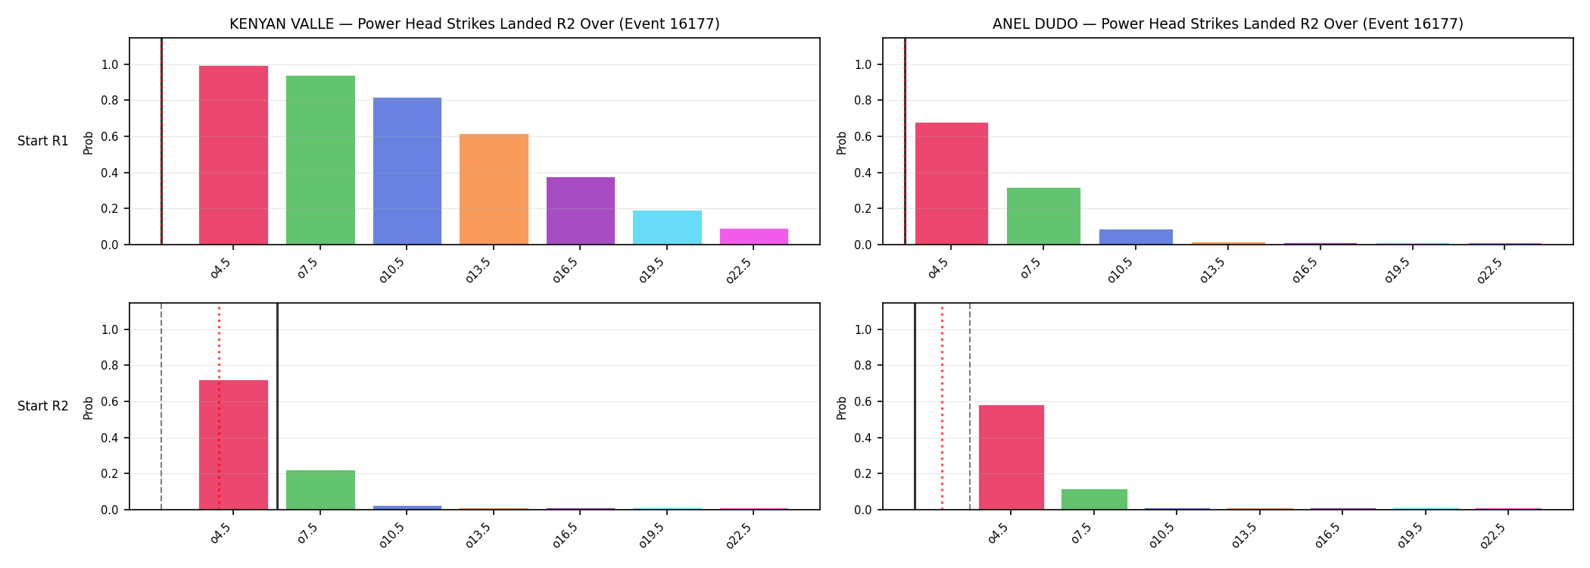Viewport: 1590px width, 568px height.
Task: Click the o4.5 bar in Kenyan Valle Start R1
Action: [x=233, y=155]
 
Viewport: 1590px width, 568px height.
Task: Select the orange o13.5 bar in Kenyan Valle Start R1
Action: [x=494, y=189]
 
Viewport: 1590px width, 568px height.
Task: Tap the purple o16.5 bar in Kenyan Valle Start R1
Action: [x=581, y=211]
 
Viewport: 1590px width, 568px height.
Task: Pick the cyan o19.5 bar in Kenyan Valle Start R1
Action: [x=667, y=227]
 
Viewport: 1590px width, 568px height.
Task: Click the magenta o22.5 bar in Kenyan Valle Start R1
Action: [x=754, y=236]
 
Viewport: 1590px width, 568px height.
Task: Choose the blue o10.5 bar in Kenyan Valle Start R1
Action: [x=407, y=171]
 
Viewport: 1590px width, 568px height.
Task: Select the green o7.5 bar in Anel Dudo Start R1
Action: [x=1043, y=216]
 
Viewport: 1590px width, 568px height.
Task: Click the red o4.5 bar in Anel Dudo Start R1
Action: [x=952, y=183]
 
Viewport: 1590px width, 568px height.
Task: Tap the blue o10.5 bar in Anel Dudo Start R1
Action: [x=1136, y=237]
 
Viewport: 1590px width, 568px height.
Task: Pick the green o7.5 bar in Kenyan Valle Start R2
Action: [x=320, y=490]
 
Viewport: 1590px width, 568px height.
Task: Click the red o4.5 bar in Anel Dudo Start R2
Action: [x=1012, y=457]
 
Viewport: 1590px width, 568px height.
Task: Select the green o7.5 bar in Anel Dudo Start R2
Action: [x=1094, y=499]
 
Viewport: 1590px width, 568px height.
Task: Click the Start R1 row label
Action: [x=43, y=141]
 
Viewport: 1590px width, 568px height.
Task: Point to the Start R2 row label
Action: [x=43, y=406]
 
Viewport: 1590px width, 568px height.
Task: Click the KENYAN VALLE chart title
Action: [x=475, y=23]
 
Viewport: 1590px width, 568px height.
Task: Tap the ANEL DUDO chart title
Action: [x=1228, y=23]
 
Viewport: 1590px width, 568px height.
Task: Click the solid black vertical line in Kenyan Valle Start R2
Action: [x=277, y=406]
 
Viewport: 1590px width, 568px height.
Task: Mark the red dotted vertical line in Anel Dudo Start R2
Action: [x=942, y=406]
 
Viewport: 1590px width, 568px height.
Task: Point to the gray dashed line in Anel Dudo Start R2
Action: [x=970, y=406]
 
